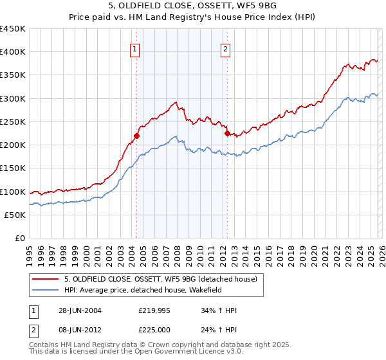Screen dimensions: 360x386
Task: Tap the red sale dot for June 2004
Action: [x=136, y=136]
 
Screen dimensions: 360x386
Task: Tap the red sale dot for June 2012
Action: [x=227, y=133]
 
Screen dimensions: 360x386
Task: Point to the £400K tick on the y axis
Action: [x=13, y=52]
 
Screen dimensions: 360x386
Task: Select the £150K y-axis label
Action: [x=13, y=168]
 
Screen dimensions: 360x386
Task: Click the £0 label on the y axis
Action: [x=19, y=238]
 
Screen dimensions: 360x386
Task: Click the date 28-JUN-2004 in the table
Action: [x=79, y=310]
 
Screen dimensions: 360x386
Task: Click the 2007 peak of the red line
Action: [x=175, y=102]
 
